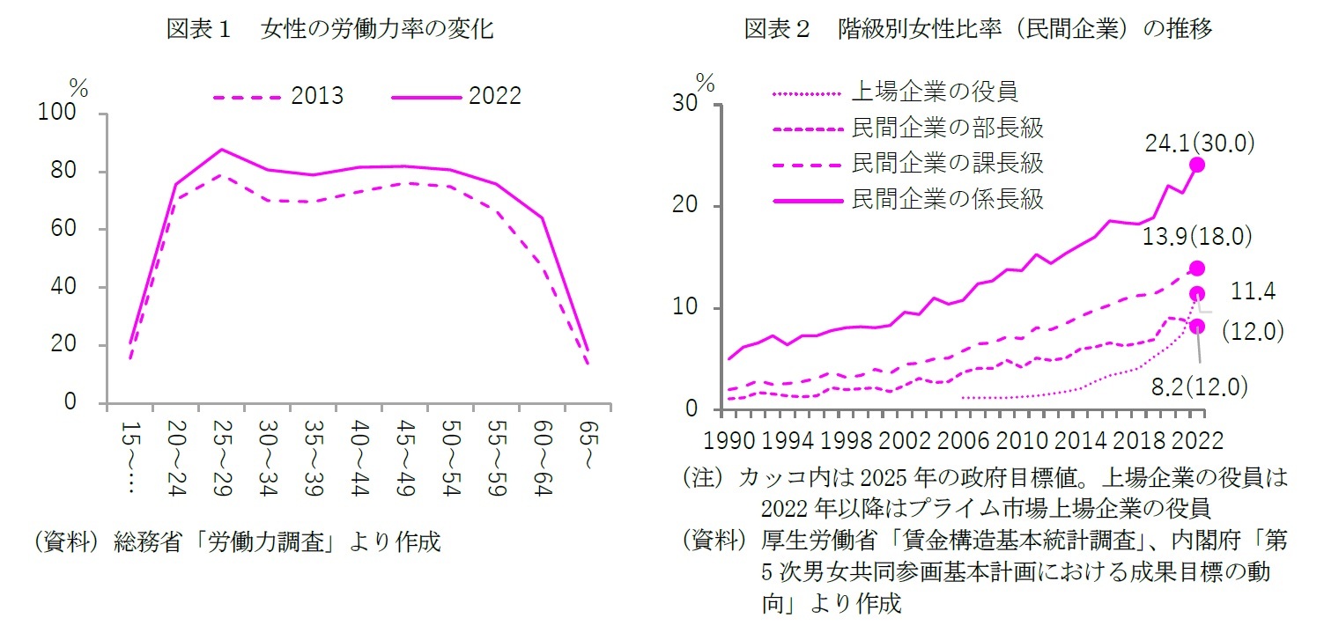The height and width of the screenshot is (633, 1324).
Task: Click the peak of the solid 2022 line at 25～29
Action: (x=222, y=150)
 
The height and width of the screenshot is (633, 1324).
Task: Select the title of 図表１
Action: (x=329, y=29)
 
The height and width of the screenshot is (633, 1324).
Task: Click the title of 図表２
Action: (x=979, y=29)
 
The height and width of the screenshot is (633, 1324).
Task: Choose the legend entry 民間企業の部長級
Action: (x=947, y=128)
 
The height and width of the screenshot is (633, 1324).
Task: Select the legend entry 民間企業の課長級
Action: (x=947, y=163)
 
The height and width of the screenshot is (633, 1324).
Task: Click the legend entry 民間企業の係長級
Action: (x=947, y=199)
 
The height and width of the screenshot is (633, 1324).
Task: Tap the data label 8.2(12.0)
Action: (x=1196, y=385)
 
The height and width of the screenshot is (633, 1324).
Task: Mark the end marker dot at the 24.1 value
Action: (x=1197, y=165)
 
